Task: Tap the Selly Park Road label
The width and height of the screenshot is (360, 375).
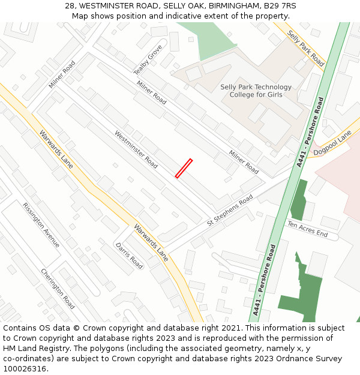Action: point(305,48)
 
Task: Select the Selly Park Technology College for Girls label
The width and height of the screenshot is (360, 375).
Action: point(256,91)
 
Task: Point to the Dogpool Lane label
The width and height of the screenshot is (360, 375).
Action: point(336,145)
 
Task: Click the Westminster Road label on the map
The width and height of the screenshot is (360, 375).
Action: point(136,149)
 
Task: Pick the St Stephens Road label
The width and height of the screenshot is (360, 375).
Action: point(230,211)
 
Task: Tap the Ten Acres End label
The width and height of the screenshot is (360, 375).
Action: point(307,229)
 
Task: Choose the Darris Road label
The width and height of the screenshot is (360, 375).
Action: point(129,256)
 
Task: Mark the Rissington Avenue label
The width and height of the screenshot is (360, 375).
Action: point(41,224)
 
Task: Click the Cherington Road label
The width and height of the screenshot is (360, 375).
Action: point(58,289)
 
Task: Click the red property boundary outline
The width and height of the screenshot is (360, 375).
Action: point(184,169)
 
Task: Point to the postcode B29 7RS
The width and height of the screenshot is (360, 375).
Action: point(280,6)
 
